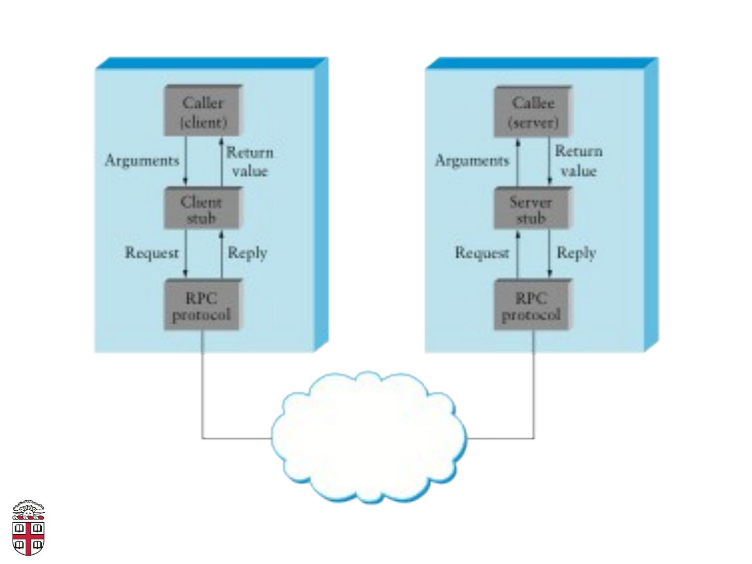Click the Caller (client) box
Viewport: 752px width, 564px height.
[203, 111]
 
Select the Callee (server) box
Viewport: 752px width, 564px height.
[533, 111]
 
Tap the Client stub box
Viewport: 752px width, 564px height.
[203, 208]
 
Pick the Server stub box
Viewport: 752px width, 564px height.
[533, 208]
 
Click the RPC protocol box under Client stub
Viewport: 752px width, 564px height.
[203, 305]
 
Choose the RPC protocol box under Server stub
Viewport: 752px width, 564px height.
[533, 305]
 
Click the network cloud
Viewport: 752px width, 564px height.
[369, 438]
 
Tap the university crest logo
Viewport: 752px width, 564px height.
[28, 527]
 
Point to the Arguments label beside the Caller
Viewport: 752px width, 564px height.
[142, 161]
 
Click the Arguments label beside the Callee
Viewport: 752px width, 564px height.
[472, 161]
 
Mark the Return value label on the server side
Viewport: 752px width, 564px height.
[579, 161]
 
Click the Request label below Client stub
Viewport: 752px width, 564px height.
[151, 253]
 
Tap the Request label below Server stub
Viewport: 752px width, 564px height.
[481, 253]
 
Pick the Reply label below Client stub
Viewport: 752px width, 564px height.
[248, 254]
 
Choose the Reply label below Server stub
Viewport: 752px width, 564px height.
[577, 254]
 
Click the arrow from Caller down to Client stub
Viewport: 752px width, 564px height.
[186, 161]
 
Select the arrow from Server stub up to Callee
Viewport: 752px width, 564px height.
[518, 162]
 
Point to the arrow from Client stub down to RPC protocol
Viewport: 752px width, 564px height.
[186, 253]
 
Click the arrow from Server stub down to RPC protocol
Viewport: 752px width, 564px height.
[549, 253]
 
